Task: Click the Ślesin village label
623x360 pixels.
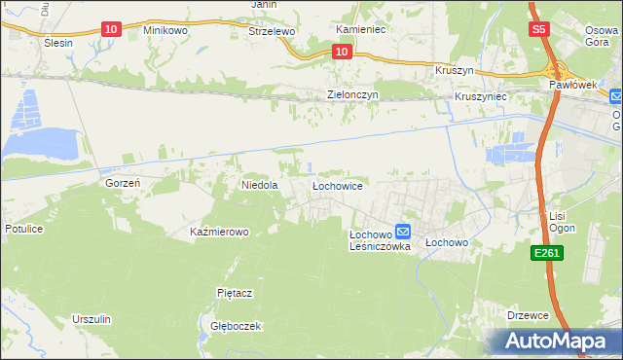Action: tap(58, 44)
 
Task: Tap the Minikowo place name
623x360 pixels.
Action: tap(165, 31)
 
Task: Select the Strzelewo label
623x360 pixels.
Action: tap(272, 31)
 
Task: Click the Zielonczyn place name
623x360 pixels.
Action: tap(351, 95)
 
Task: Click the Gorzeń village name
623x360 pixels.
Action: tap(124, 182)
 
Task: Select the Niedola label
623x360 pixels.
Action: tap(260, 184)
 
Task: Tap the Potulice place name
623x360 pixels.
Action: tap(24, 228)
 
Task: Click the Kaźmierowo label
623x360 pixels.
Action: tap(220, 232)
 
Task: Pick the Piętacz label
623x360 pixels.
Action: tap(235, 292)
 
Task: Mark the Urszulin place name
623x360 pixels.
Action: tap(92, 319)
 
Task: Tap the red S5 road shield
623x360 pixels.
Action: tap(540, 30)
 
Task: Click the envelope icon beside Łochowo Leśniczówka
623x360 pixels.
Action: tap(403, 233)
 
